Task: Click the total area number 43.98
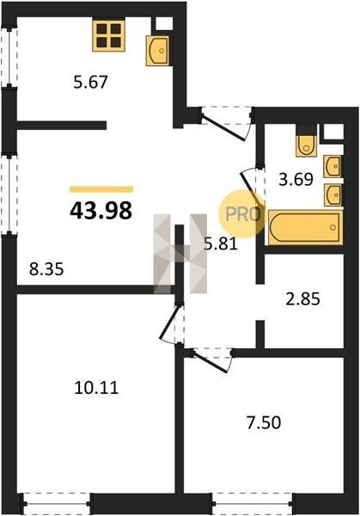101,211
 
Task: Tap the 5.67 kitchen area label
90,82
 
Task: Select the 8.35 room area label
46,269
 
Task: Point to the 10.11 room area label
96,388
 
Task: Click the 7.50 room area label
264,423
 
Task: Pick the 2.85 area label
302,299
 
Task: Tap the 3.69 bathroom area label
296,180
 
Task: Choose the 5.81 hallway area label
221,244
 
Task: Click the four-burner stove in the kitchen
109,36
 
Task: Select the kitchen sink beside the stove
158,51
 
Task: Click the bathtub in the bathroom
306,227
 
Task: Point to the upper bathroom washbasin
333,167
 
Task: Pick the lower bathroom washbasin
333,195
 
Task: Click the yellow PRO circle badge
242,214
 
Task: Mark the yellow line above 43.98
101,189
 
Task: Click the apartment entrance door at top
227,123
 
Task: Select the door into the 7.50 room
213,360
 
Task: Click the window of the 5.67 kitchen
9,58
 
